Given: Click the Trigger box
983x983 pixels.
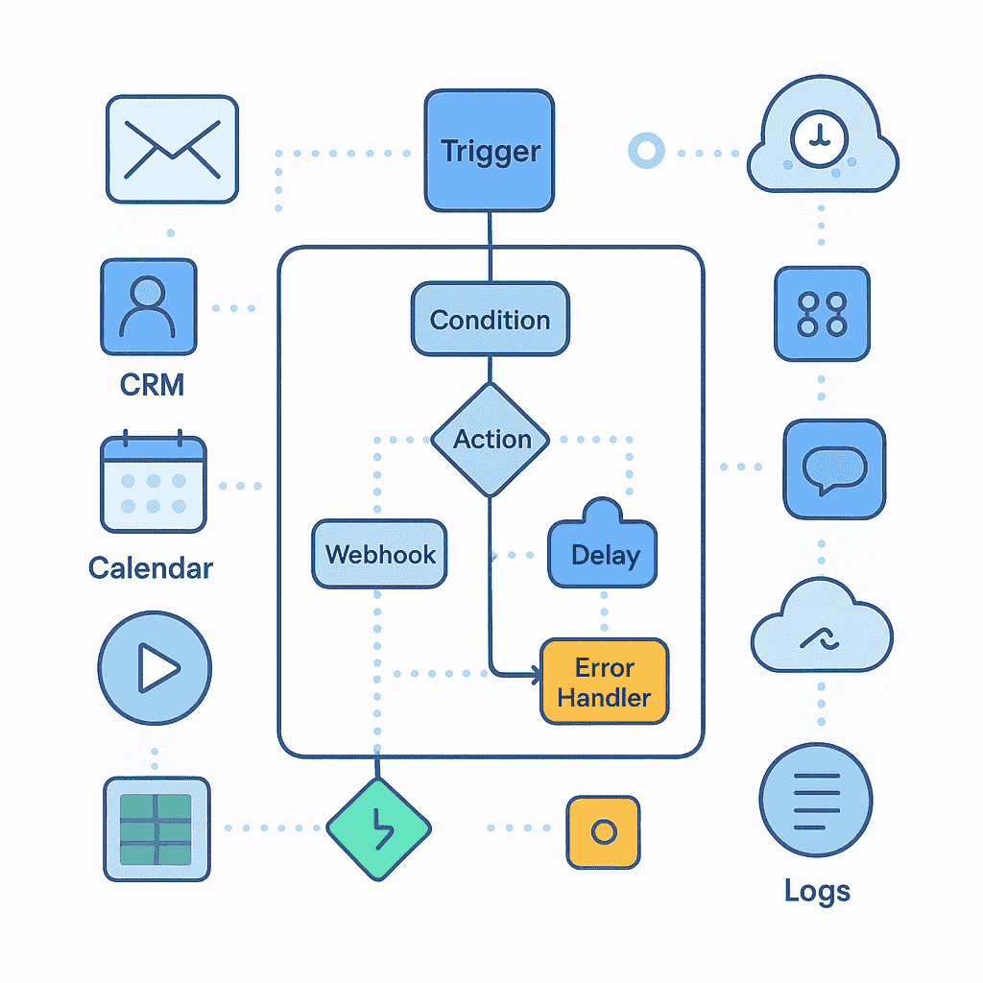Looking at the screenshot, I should click(x=490, y=151).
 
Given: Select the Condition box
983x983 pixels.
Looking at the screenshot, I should click(x=490, y=320).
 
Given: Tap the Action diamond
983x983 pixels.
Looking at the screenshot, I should click(x=491, y=440).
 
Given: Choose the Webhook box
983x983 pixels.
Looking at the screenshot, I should click(x=379, y=554).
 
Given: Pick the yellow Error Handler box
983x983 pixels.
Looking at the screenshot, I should click(x=604, y=682).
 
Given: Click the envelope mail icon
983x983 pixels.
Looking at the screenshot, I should click(x=172, y=149).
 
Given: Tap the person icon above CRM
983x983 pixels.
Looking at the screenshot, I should click(x=149, y=308).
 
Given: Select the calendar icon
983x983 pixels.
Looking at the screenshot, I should click(x=154, y=485).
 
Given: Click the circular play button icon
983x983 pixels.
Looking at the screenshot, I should click(x=155, y=667).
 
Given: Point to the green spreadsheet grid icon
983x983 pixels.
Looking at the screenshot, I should click(x=155, y=827).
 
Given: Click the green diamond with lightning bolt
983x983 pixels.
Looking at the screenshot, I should click(x=379, y=827).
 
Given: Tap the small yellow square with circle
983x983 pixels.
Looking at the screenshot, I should click(x=603, y=831).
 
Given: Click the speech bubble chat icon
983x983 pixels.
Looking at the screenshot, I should click(x=834, y=469).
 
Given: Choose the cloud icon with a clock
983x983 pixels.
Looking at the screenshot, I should click(x=822, y=144).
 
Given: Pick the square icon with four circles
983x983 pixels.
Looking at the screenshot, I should click(x=823, y=314).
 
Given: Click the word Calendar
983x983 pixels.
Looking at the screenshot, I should click(x=151, y=567).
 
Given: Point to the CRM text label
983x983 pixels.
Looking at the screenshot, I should click(x=152, y=385).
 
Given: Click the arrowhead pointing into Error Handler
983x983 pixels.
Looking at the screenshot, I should click(x=535, y=676).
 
